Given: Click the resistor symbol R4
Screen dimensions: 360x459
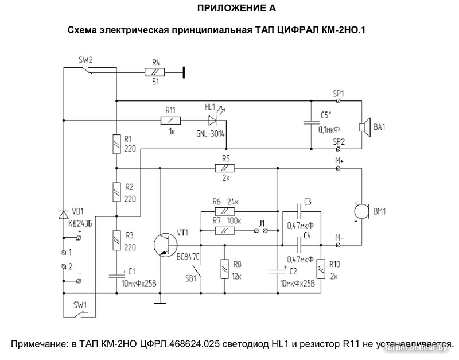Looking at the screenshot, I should pos(155,72).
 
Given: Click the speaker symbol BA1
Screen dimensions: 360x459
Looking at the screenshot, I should pos(364,127).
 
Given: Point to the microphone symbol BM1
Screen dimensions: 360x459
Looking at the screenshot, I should pos(362,212).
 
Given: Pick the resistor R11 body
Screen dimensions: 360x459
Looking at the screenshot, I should pos(171,121).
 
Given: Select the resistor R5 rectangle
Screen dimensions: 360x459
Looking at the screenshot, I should pos(224,168).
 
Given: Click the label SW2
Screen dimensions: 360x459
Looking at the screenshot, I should pos(85,59).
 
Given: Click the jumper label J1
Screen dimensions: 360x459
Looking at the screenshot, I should pos(262,222).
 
